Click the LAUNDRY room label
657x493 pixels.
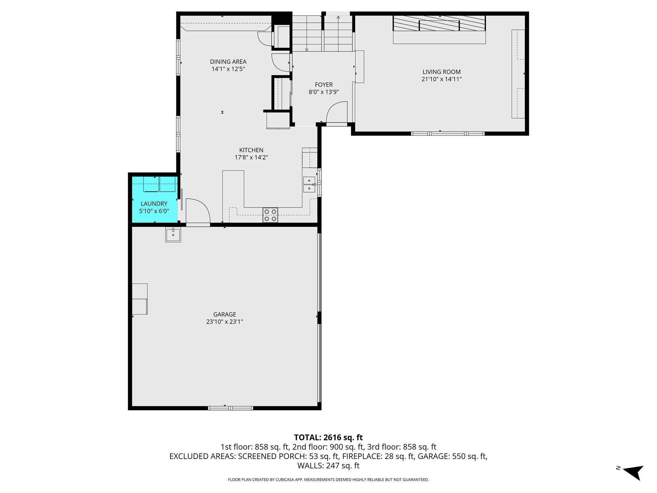tap(154, 203)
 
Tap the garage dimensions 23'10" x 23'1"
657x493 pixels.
tap(225, 322)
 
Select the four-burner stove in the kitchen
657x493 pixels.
tap(270, 215)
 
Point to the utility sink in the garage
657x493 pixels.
tap(173, 234)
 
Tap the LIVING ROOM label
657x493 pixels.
tap(441, 72)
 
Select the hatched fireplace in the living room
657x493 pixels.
tap(439, 24)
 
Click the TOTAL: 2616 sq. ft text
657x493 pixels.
tap(328, 437)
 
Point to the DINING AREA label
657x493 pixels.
tap(228, 62)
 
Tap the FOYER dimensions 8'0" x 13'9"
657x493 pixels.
tap(323, 92)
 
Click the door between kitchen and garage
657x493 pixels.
tap(197, 212)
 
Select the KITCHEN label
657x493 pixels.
tap(251, 150)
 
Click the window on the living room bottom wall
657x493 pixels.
tap(448, 134)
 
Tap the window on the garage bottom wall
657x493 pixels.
tap(230, 408)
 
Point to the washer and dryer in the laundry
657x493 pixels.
tap(159, 185)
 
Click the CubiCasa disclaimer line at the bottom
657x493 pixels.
tap(328, 480)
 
